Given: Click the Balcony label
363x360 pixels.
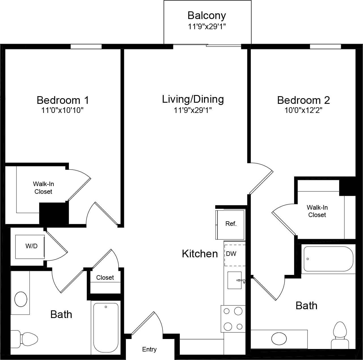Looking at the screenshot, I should pos(207,15).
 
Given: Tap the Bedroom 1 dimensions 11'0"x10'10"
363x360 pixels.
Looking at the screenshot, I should pos(62,110).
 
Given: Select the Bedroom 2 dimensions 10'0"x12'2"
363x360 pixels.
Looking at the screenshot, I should pos(303,110).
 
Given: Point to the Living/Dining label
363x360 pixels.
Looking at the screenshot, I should pos(193,99).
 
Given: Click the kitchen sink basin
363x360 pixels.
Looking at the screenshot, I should pos(235,280).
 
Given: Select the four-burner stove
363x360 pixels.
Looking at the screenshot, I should pos(233,319).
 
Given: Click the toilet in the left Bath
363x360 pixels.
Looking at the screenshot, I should pos(26,338).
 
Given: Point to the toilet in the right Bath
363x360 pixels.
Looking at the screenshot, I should pos(340,333).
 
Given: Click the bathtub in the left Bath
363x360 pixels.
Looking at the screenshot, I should pos(106,327).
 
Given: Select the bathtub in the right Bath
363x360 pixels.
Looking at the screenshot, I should pos(328,259).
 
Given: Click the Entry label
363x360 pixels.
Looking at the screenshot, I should pos(149,350).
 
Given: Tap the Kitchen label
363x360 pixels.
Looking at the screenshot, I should pos(200,254).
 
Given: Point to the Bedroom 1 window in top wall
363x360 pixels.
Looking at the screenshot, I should pos(86,47).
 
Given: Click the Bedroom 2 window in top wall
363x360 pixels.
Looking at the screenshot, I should pos(325,47).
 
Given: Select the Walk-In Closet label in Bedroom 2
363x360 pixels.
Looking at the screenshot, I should pos(317,211).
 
